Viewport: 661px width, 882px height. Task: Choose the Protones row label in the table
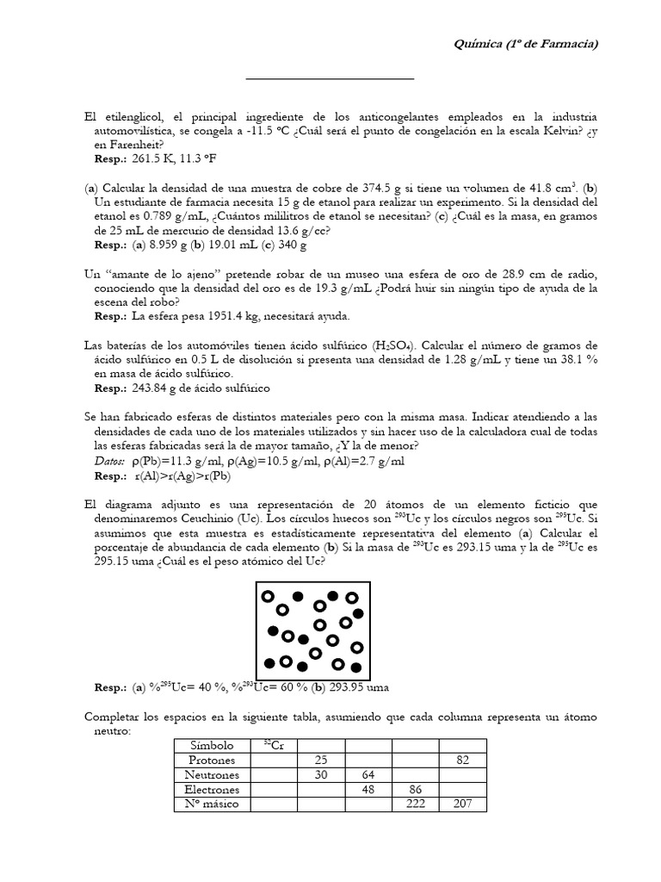click(211, 760)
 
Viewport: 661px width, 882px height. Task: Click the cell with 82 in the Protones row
click(462, 760)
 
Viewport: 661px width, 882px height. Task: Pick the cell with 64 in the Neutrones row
click(368, 774)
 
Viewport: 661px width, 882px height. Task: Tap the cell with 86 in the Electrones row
click(415, 789)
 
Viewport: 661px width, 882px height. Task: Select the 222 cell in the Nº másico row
click(415, 804)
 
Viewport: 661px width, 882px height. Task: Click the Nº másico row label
click(211, 804)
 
